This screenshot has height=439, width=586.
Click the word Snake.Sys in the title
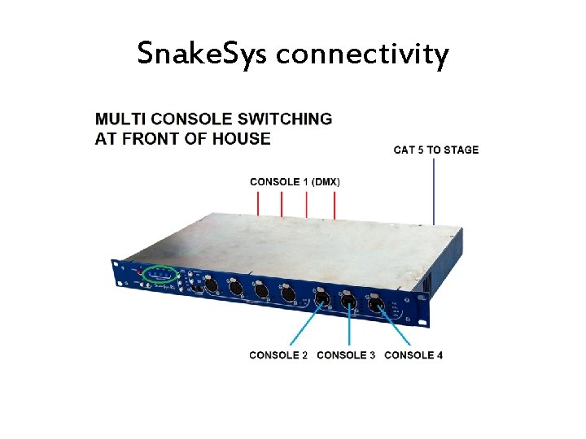[x=203, y=54]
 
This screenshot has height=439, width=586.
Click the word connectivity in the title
[x=362, y=55]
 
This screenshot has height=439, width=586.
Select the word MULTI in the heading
[x=121, y=119]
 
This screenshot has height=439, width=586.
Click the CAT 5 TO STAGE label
[x=436, y=150]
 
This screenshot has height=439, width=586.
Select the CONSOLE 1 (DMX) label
[x=295, y=181]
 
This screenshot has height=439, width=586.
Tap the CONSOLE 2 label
[x=278, y=355]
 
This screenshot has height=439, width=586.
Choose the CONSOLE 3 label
[x=346, y=355]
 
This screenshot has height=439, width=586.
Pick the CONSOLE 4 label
[x=413, y=355]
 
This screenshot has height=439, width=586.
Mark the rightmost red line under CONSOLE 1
[x=335, y=205]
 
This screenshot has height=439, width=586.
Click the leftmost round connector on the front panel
[x=210, y=285]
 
